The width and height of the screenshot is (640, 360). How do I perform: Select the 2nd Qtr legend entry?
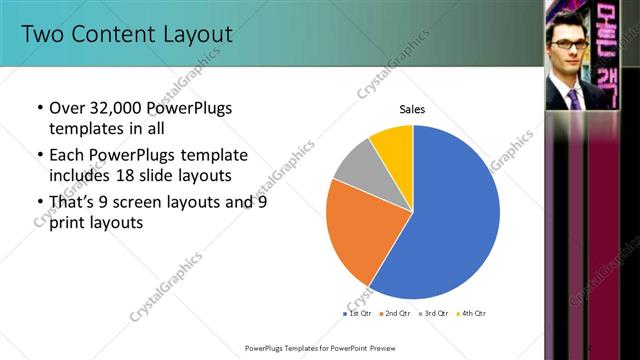398,314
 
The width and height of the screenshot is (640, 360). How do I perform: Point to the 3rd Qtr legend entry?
436,314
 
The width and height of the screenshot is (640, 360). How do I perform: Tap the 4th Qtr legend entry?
473,314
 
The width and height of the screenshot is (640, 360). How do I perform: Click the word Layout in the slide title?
196,35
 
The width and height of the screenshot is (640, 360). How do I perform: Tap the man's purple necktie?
574,97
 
